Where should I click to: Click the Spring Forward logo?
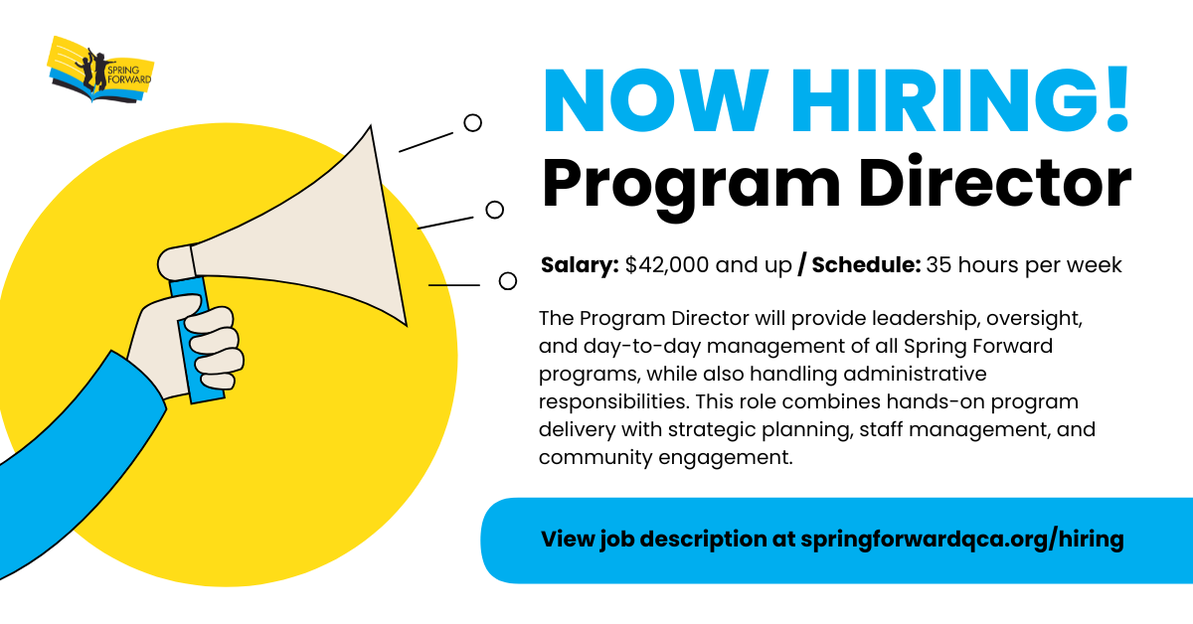100,70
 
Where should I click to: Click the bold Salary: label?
580,265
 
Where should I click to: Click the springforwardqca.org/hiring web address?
961,540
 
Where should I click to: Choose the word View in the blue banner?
567,540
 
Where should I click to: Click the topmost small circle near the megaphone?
473,122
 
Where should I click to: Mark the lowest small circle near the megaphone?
508,281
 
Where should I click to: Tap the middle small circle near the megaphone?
494,210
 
